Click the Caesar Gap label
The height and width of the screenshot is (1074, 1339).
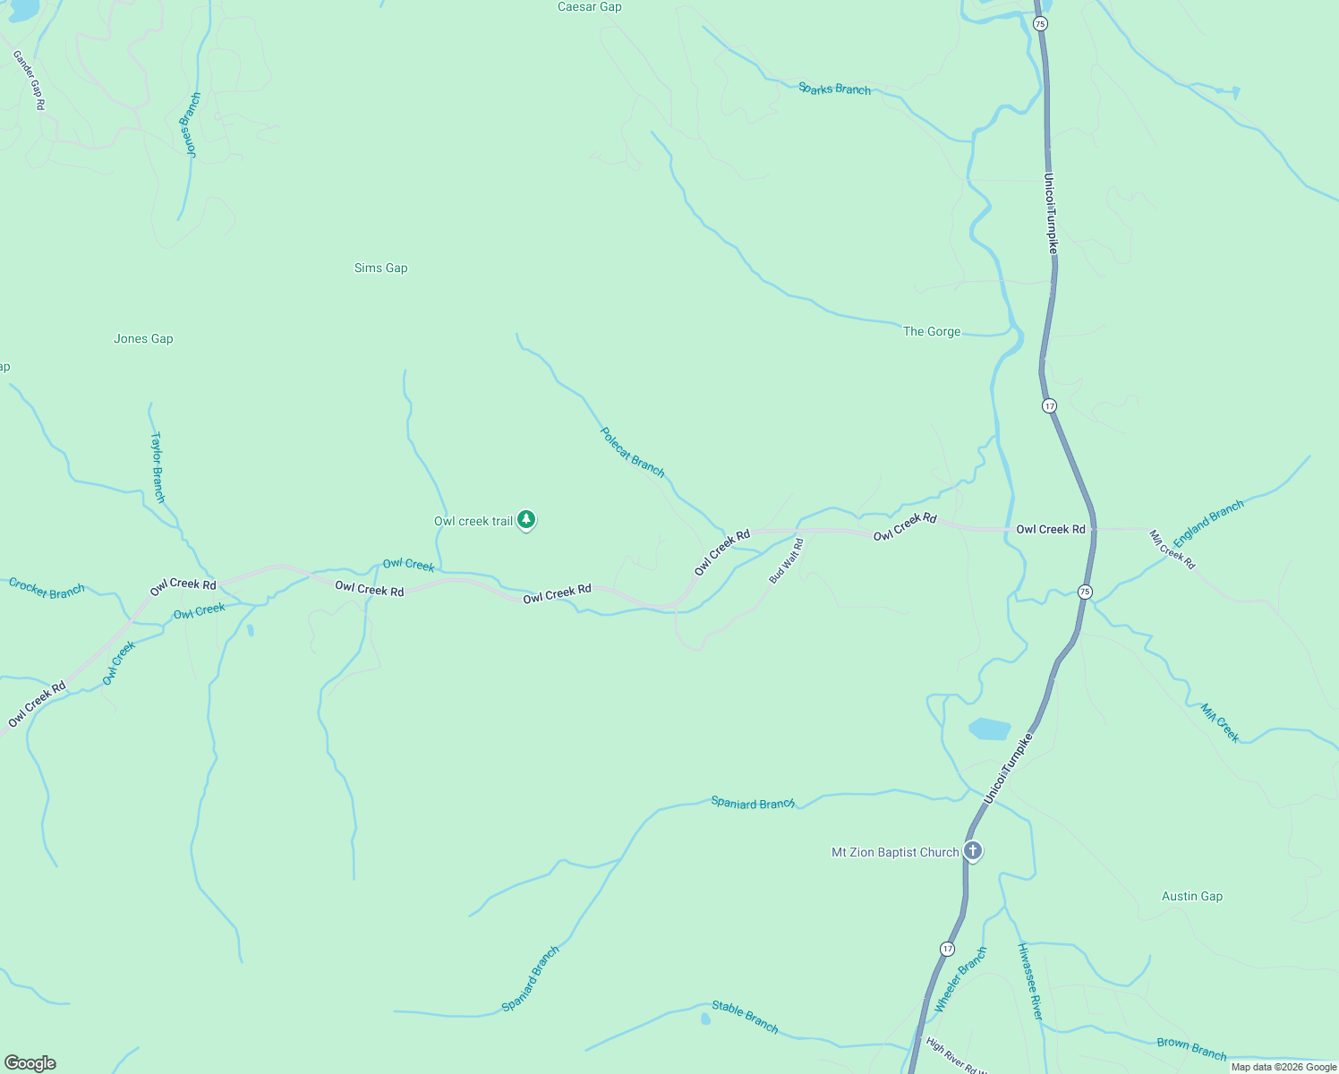point(589,7)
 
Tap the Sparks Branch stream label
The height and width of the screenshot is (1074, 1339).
point(834,89)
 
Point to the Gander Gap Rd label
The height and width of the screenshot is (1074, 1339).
point(29,81)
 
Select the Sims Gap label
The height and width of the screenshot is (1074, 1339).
point(380,268)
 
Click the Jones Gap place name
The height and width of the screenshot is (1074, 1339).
point(143,338)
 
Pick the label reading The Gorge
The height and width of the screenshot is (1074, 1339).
point(932,331)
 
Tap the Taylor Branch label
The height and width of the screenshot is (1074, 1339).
point(158,467)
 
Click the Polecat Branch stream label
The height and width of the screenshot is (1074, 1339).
point(633,452)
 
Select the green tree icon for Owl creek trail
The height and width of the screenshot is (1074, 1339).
point(527,520)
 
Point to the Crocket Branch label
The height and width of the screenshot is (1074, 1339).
point(47,589)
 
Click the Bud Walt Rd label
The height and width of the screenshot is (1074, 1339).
point(787,561)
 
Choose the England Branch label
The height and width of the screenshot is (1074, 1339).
point(1208,524)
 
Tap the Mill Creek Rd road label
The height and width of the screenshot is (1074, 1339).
point(1172,550)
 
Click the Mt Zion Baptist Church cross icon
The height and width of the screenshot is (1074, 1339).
point(973,851)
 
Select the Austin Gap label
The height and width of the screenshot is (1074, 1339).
point(1191,896)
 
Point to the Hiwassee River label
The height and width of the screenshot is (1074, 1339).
point(1030,981)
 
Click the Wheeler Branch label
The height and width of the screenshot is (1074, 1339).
point(960,980)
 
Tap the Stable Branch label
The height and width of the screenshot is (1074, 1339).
point(745,1017)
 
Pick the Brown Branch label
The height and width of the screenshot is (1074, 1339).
point(1191,1048)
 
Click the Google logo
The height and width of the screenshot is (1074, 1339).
point(30,1063)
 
